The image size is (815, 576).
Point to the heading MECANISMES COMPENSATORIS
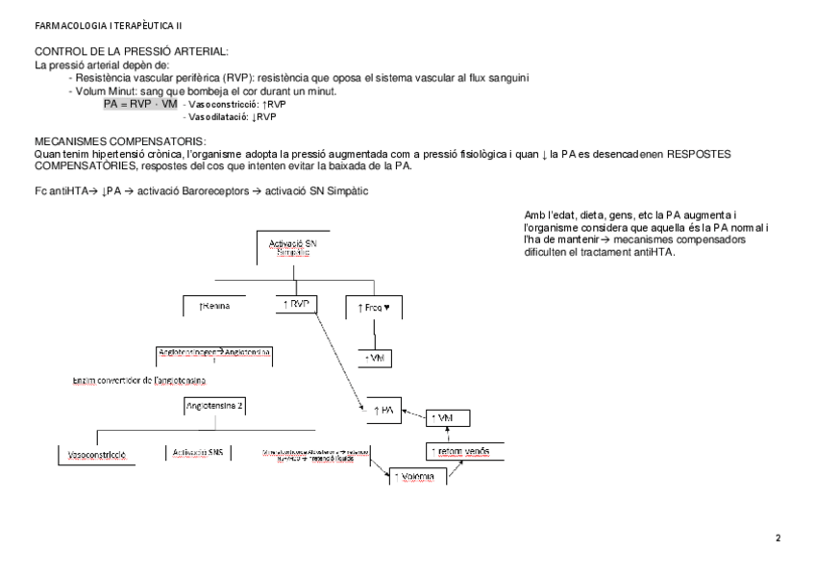tap(113, 140)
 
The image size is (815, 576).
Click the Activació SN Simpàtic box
tap(294, 247)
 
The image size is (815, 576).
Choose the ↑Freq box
tap(373, 307)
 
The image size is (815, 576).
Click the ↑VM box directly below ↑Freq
tap(377, 357)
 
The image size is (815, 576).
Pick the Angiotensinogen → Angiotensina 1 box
tap(214, 355)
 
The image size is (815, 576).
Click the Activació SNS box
tap(197, 453)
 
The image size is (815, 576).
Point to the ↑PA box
tap(383, 411)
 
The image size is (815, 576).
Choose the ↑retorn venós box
tap(457, 452)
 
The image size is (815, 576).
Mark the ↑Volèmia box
tap(417, 476)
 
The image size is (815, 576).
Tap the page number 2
tap(778, 538)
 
